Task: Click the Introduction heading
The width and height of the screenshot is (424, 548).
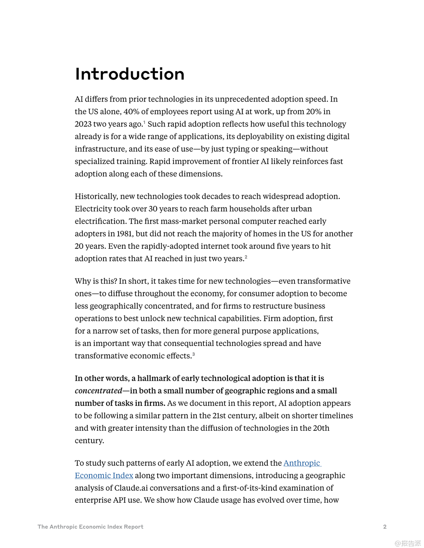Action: [x=130, y=74]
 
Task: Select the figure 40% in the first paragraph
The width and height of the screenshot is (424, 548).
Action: [x=131, y=112]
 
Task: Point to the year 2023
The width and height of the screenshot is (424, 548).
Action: [x=83, y=124]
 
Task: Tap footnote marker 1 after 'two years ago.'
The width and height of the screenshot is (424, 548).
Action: [x=145, y=122]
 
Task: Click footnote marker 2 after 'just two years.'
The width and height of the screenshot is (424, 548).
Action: [x=246, y=257]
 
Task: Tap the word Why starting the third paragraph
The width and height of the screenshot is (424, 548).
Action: [x=82, y=281]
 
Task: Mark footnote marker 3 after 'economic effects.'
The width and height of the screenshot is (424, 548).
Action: [x=194, y=354]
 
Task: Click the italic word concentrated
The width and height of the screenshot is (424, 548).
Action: [x=98, y=391]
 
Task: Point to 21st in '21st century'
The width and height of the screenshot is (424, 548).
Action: [x=219, y=416]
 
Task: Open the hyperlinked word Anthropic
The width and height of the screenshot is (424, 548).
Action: [x=302, y=463]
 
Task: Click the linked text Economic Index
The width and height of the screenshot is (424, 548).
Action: [x=104, y=476]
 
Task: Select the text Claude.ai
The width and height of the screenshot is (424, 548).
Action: [x=131, y=488]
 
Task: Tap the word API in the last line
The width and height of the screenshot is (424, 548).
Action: [x=119, y=500]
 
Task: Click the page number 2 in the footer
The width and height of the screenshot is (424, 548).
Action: [x=384, y=527]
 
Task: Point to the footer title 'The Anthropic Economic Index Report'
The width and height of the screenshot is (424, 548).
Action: [x=90, y=527]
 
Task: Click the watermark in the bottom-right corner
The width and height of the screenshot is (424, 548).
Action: [x=408, y=543]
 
